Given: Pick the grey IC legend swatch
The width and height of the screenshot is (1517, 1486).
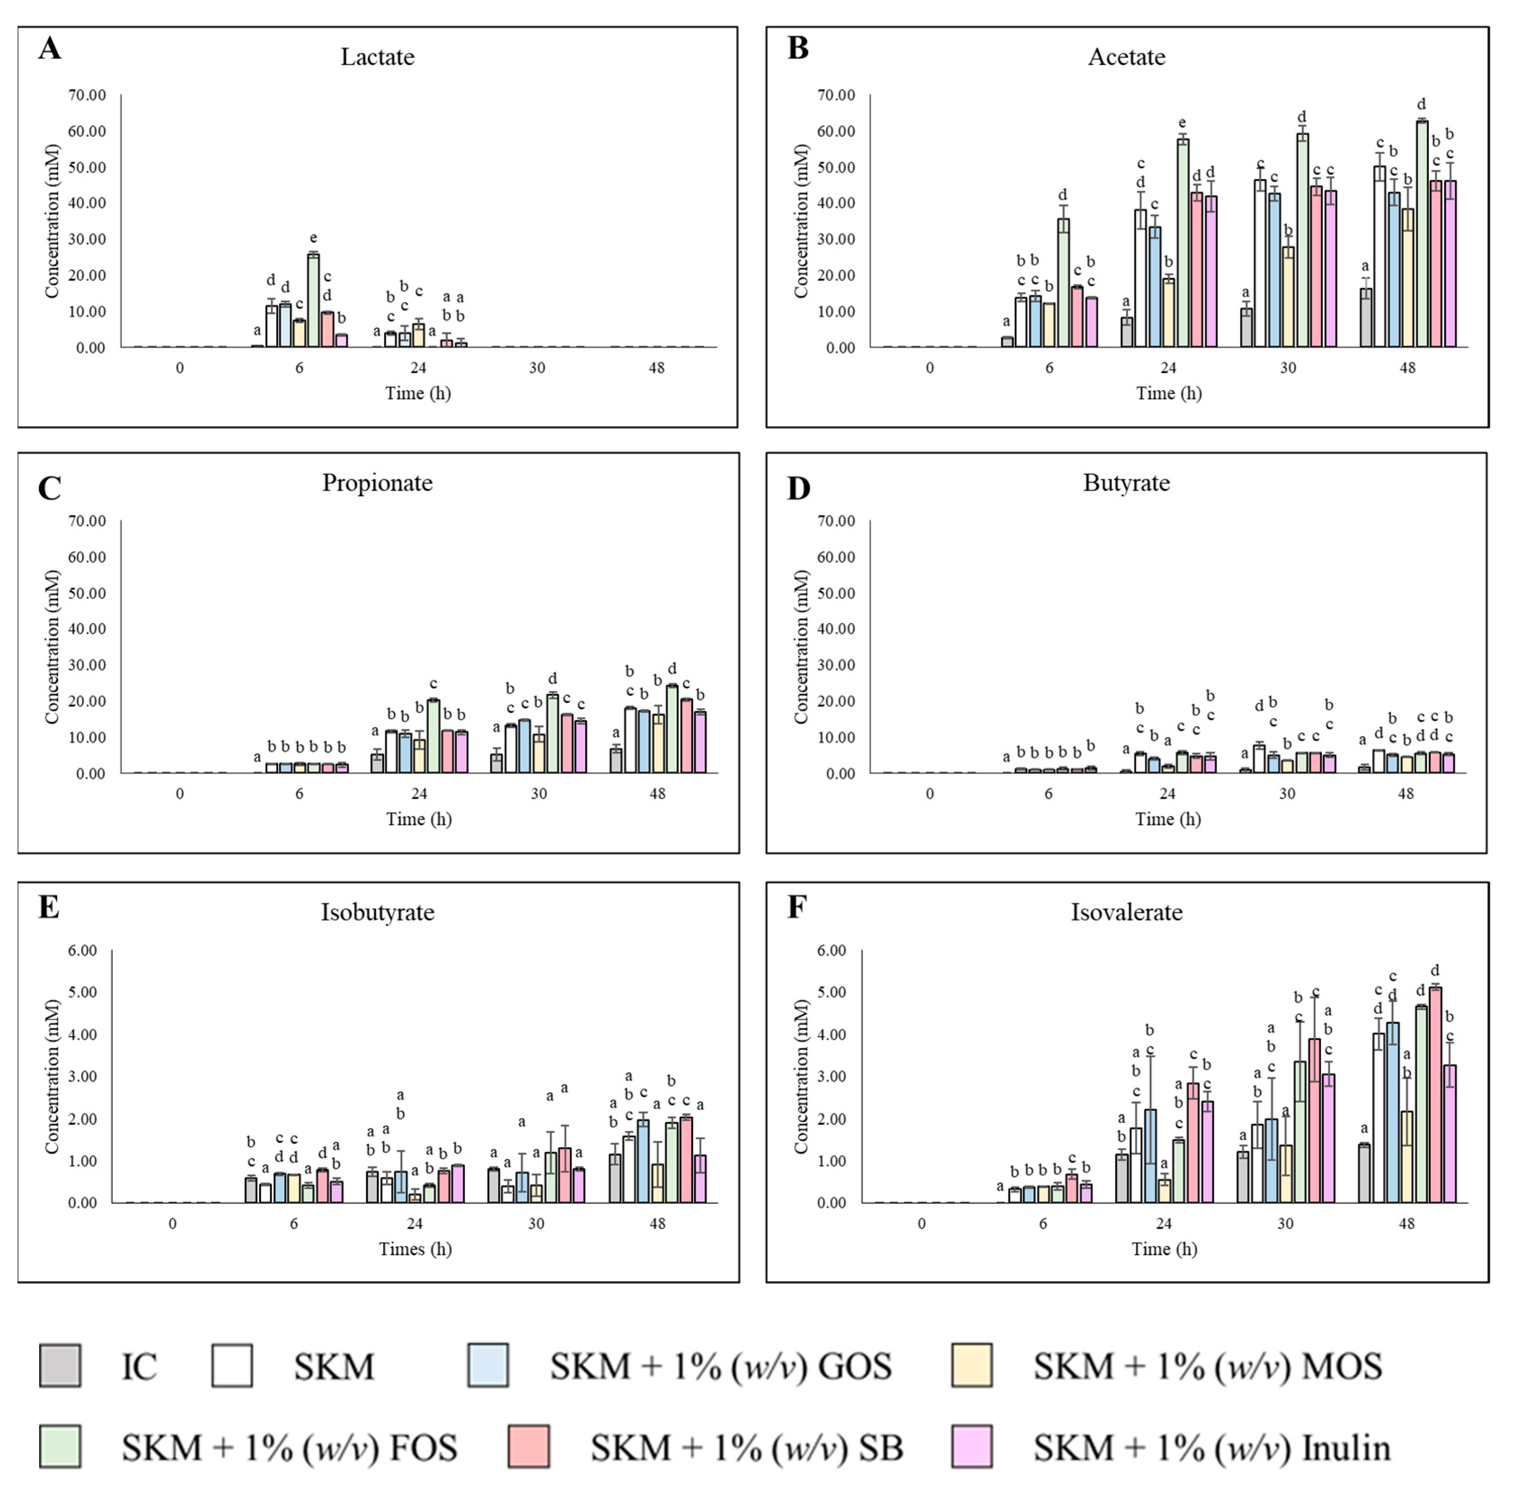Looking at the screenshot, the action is click(x=60, y=1366).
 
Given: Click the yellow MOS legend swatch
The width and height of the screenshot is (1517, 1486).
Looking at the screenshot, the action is click(x=971, y=1366).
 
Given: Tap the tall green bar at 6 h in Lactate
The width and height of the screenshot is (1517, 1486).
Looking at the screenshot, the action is click(x=313, y=301).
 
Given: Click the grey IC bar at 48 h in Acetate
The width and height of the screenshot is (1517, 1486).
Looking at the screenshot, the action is click(x=1366, y=318).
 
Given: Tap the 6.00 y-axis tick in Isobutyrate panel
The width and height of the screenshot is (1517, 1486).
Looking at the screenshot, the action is click(x=82, y=951).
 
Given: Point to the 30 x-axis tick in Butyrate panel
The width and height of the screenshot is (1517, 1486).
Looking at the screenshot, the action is click(x=1287, y=794).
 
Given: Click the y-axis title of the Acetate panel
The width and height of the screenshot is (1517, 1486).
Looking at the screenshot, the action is click(x=801, y=221).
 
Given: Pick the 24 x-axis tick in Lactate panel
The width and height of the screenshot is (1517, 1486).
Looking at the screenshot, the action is click(x=418, y=367).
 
